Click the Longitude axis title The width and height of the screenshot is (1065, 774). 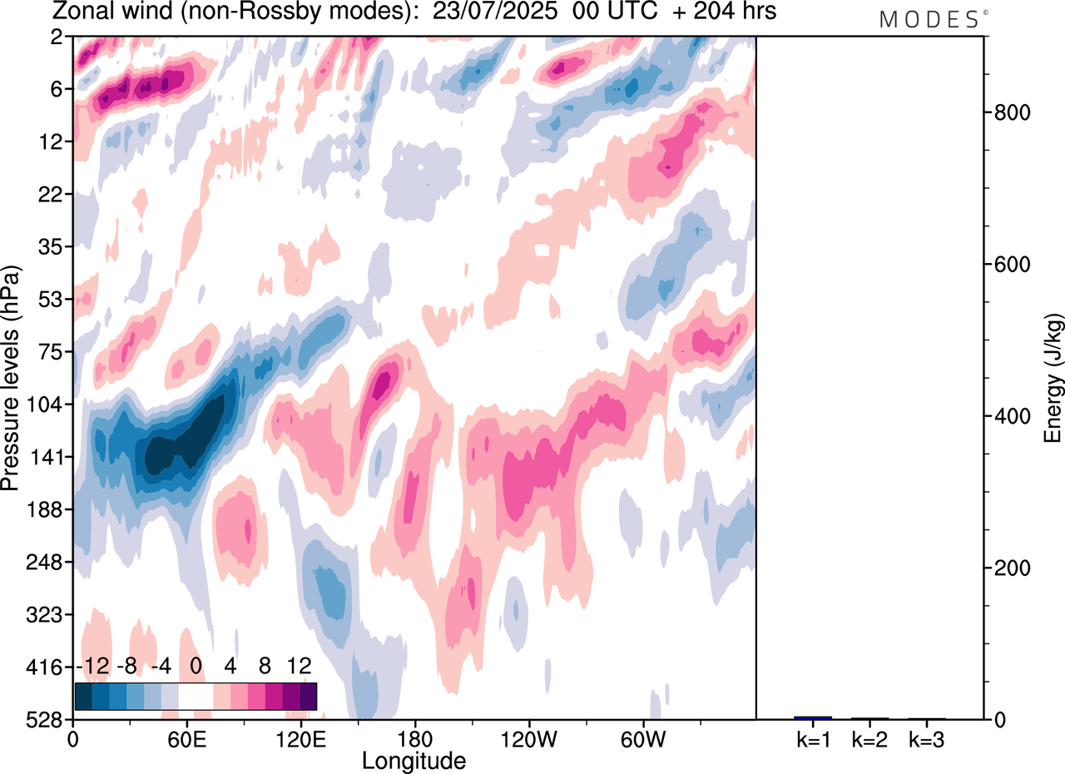click(414, 760)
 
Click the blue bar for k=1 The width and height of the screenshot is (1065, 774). click(813, 717)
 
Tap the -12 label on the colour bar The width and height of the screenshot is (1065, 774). click(92, 667)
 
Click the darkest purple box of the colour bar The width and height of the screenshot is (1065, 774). click(308, 697)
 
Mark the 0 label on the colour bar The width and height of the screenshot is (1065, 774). click(196, 667)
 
